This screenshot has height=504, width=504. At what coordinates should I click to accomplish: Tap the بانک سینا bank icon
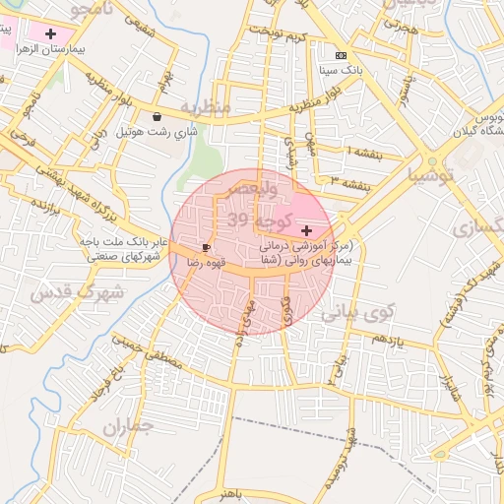[341, 55]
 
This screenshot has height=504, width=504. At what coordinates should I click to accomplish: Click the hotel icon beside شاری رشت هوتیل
[157, 116]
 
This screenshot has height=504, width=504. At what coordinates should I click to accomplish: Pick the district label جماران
[129, 427]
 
